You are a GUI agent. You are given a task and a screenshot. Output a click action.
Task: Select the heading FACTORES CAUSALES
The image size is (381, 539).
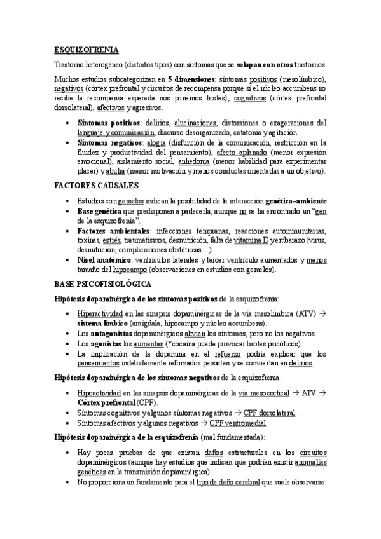point(95,185)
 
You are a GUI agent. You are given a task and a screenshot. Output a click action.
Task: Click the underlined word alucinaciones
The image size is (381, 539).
point(194,123)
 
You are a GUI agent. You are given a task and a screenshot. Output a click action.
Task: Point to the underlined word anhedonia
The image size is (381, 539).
point(216,162)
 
